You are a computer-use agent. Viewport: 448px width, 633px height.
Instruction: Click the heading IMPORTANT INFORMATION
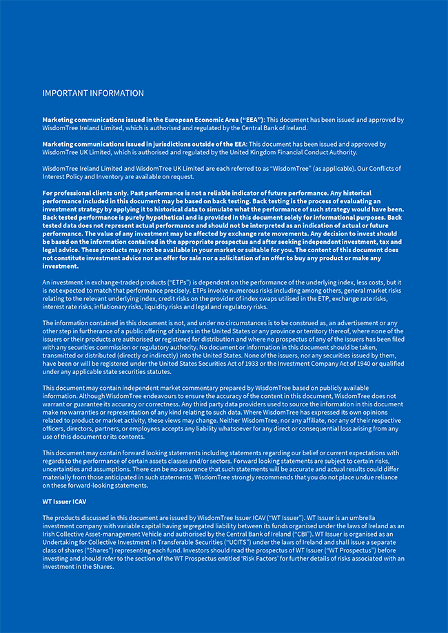[x=93, y=93]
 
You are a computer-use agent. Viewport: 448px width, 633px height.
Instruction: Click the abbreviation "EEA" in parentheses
[x=249, y=120]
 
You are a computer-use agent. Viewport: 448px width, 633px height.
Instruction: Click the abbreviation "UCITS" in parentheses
[x=239, y=542]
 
